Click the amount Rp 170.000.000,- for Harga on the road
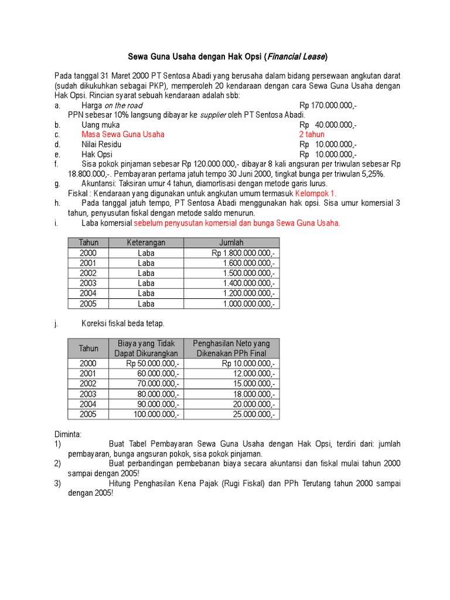(328, 105)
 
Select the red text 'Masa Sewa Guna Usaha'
(123, 134)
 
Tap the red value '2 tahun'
(312, 134)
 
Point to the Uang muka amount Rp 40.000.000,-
(328, 125)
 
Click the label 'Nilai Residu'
(101, 144)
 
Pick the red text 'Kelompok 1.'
(316, 193)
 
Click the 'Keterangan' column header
(146, 243)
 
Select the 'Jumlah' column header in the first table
(231, 243)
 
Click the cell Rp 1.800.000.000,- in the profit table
(243, 253)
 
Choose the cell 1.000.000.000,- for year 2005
(248, 304)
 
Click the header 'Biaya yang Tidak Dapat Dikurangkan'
(146, 348)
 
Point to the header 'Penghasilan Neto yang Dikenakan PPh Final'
(231, 348)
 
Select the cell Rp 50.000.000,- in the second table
(153, 363)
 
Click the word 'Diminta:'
(68, 434)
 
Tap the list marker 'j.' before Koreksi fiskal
(57, 323)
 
